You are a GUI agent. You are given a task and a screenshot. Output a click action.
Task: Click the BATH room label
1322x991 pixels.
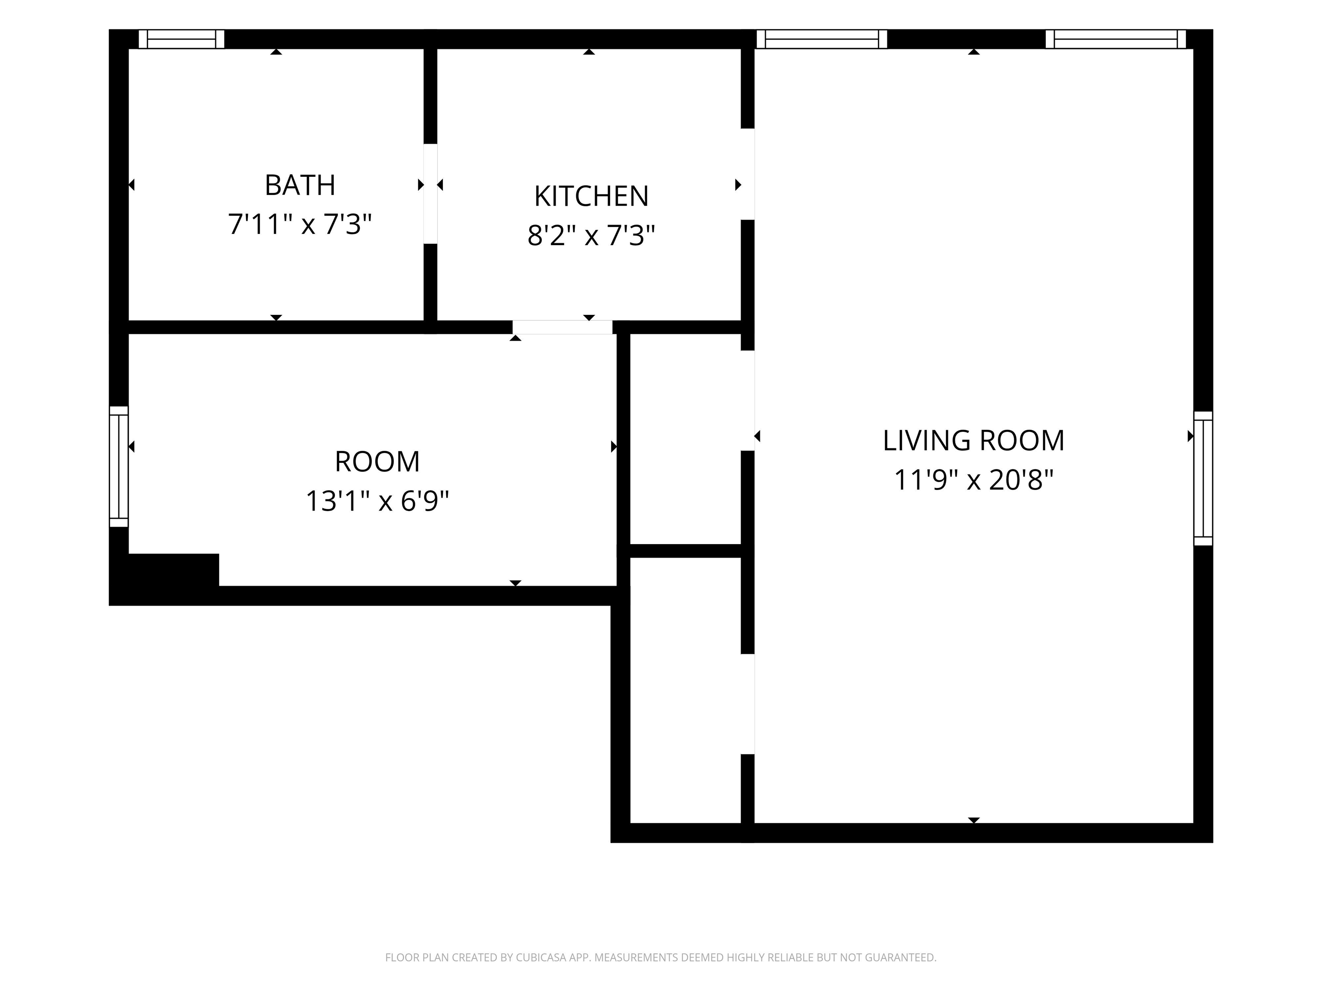(300, 185)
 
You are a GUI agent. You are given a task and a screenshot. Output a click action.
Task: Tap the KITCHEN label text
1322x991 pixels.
(591, 196)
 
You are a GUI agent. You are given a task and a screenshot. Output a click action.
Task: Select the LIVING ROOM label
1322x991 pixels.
(973, 440)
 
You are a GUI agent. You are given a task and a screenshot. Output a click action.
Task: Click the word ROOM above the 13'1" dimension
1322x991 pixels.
(377, 462)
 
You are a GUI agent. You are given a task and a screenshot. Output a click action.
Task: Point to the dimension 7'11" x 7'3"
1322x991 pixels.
(300, 225)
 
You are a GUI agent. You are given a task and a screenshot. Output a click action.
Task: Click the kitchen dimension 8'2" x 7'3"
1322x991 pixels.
(591, 235)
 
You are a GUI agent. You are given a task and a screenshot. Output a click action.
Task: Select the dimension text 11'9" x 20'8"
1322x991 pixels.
(973, 480)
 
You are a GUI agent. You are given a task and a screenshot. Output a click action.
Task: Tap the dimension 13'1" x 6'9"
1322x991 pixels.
(377, 501)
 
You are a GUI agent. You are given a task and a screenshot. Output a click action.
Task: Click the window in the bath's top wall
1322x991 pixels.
(182, 39)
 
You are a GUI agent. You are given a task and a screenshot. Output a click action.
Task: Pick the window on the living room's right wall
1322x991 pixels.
(1203, 478)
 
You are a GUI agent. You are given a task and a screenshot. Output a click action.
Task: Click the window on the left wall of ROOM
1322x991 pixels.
(119, 467)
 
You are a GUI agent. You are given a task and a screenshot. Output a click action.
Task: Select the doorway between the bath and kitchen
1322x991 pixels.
(430, 194)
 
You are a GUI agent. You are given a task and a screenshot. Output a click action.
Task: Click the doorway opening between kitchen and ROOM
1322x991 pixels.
(562, 327)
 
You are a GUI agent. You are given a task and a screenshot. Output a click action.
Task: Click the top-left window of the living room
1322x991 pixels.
(822, 39)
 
